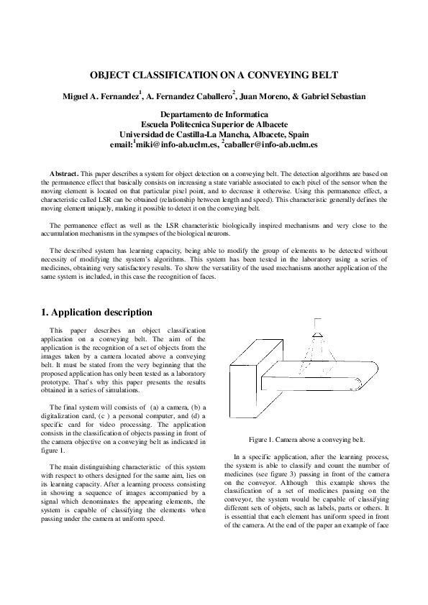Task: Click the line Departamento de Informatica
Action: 214,114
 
